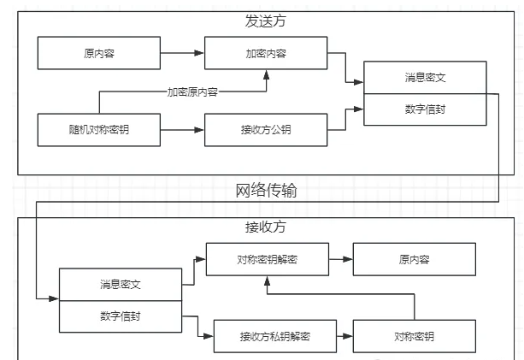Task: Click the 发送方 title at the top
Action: pos(266,21)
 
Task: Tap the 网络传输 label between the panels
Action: pos(266,190)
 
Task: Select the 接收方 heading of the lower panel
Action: pos(266,227)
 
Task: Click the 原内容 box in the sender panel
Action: pos(98,53)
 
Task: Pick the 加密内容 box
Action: pos(266,53)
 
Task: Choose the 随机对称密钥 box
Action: pos(98,130)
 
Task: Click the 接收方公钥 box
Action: pos(266,130)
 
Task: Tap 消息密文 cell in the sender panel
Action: pos(425,78)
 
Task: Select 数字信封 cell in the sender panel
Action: pos(425,109)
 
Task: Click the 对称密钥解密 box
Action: pos(266,259)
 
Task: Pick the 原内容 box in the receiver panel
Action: pos(414,259)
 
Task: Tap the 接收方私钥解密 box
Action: pos(274,336)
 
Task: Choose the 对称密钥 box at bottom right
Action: pos(414,336)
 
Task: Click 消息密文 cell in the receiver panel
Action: pos(120,284)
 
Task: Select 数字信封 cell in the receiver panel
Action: pos(120,316)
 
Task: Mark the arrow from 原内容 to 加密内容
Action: pos(181,53)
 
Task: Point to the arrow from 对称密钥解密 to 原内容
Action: pos(339,259)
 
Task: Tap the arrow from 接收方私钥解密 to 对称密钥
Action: pos(344,336)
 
